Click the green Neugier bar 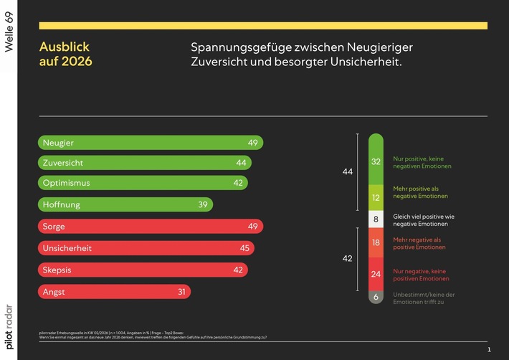(x=150, y=143)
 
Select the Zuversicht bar (x=144, y=163)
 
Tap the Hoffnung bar (x=125, y=204)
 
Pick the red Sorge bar (x=150, y=227)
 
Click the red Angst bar (x=114, y=292)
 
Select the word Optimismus (x=67, y=183)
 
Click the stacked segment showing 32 (x=376, y=161)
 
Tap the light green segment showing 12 (x=376, y=197)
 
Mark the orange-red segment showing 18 (x=376, y=243)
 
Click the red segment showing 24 (x=376, y=273)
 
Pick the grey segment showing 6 (x=376, y=296)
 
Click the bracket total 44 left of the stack (x=347, y=172)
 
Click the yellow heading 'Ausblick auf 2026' (x=65, y=55)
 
